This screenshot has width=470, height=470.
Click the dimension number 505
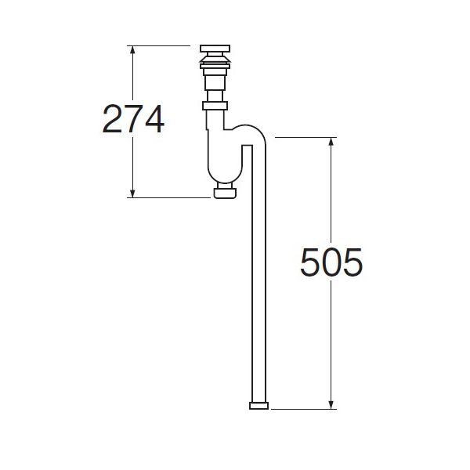(331, 263)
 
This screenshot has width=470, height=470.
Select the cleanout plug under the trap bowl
(225, 192)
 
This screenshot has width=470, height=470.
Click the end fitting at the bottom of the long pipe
(258, 405)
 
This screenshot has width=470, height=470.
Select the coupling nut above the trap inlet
(215, 104)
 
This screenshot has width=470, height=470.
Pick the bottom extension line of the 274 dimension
(168, 197)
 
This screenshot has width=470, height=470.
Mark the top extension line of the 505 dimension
(305, 137)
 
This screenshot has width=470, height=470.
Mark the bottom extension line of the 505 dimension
(305, 408)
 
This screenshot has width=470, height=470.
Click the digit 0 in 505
(331, 263)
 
